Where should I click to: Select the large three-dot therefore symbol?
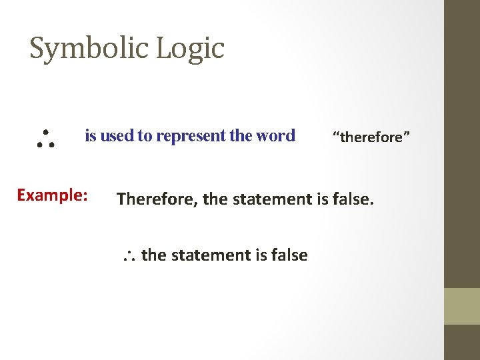45,136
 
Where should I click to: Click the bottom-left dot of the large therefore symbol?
39,143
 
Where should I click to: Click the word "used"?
117,136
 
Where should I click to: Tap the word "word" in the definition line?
275,136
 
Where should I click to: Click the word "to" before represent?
145,136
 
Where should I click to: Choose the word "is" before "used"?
91,136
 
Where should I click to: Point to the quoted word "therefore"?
372,137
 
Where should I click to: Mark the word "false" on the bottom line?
288,255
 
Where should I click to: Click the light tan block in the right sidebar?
462,306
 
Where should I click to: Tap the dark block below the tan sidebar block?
462,342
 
